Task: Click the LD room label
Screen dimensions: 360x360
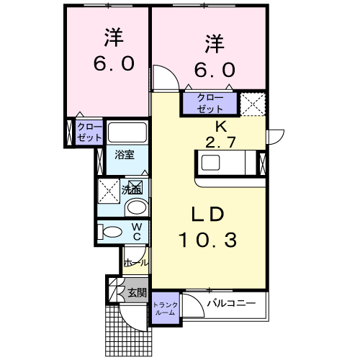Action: coord(207,214)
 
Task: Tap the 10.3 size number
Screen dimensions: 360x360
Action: coord(208,240)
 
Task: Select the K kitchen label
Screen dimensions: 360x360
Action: coord(221,127)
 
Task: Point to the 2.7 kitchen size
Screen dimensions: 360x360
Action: coord(220,143)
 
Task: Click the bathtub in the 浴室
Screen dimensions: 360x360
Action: coord(127,132)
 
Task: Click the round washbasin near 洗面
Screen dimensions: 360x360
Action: coord(137,207)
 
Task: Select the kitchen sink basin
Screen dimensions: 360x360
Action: coord(210,163)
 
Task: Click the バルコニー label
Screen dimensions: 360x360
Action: coord(231,303)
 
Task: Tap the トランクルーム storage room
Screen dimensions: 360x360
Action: coord(166,307)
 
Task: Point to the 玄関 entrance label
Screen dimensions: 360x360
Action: coord(137,293)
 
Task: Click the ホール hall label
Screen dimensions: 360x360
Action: coord(136,263)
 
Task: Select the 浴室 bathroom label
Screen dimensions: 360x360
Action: coord(125,155)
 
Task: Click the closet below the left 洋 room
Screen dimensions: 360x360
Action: coord(89,132)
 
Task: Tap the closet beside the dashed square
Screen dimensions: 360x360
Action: coord(210,103)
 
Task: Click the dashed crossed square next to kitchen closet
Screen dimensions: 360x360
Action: coord(253,104)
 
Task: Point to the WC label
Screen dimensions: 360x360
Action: coord(137,232)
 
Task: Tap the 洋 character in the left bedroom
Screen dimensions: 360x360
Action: coord(114,37)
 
